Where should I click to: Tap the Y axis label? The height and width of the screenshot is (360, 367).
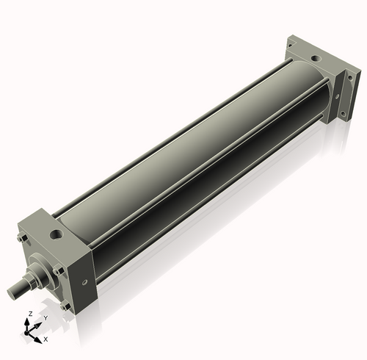pos(46,318)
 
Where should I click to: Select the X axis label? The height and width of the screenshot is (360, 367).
pos(46,339)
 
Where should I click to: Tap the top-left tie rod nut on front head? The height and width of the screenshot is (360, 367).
pos(20,240)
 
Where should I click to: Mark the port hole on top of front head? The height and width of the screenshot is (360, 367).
pos(54,234)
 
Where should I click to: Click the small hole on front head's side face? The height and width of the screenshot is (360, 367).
pos(86,281)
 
